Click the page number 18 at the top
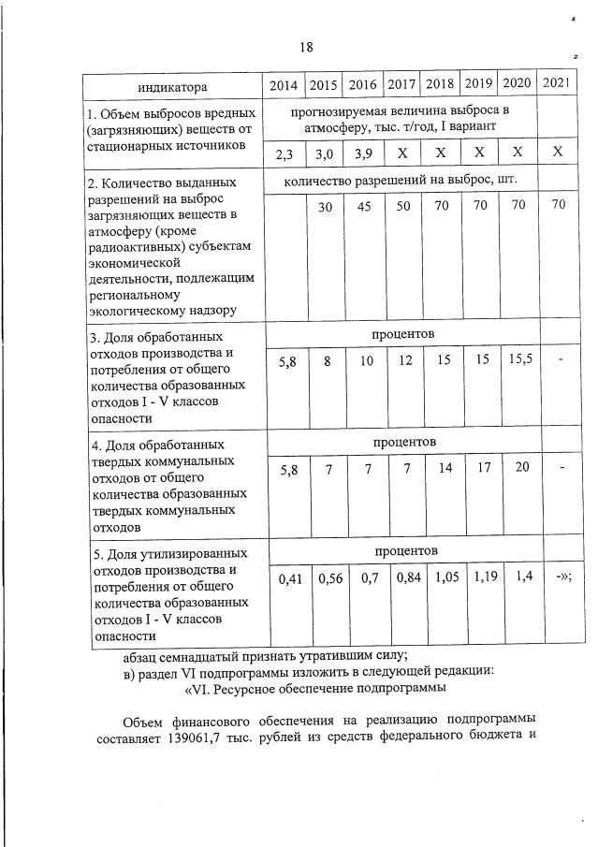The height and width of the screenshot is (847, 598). click(306, 46)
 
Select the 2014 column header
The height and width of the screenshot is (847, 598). click(284, 85)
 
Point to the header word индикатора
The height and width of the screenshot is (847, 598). click(171, 87)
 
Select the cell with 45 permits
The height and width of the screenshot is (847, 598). click(362, 207)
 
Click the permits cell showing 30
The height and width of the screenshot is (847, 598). click(324, 208)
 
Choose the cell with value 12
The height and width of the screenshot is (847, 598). click(401, 360)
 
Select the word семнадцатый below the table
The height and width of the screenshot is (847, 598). click(214, 655)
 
